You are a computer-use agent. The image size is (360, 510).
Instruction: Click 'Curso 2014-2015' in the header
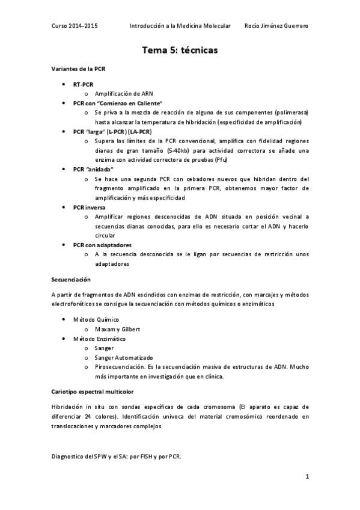75,26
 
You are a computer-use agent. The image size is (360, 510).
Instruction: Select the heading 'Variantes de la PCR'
78,69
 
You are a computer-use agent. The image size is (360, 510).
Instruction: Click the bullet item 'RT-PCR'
83,85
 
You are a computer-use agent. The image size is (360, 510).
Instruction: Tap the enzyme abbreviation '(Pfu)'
220,159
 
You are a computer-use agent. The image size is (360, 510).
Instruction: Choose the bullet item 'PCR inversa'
88,207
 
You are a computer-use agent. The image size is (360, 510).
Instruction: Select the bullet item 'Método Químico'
96,320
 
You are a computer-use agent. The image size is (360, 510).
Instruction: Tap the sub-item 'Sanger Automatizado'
123,357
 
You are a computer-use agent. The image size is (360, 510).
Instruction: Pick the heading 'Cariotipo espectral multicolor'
90,392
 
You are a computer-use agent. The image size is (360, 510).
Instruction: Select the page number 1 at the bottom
307,478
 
